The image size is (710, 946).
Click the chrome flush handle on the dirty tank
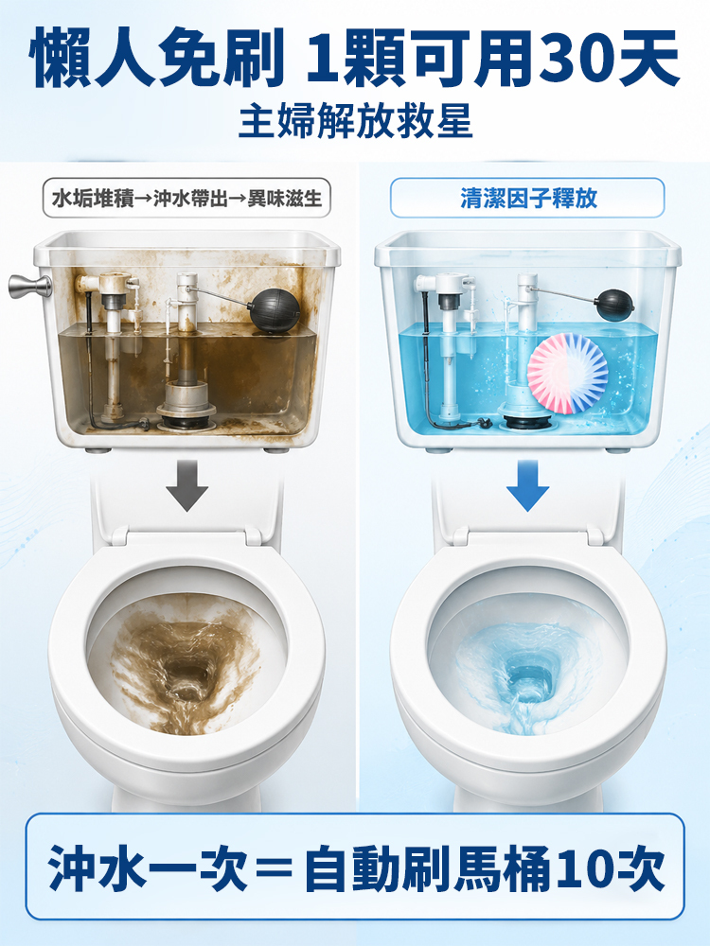(29, 286)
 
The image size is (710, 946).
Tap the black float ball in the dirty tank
(275, 310)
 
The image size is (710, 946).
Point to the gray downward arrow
(187, 485)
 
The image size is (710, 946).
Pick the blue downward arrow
(527, 485)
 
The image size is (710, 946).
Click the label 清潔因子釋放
(528, 198)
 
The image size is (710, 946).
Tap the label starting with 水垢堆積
(186, 198)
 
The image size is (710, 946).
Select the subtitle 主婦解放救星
(355, 123)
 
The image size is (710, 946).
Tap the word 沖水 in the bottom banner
(99, 868)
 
